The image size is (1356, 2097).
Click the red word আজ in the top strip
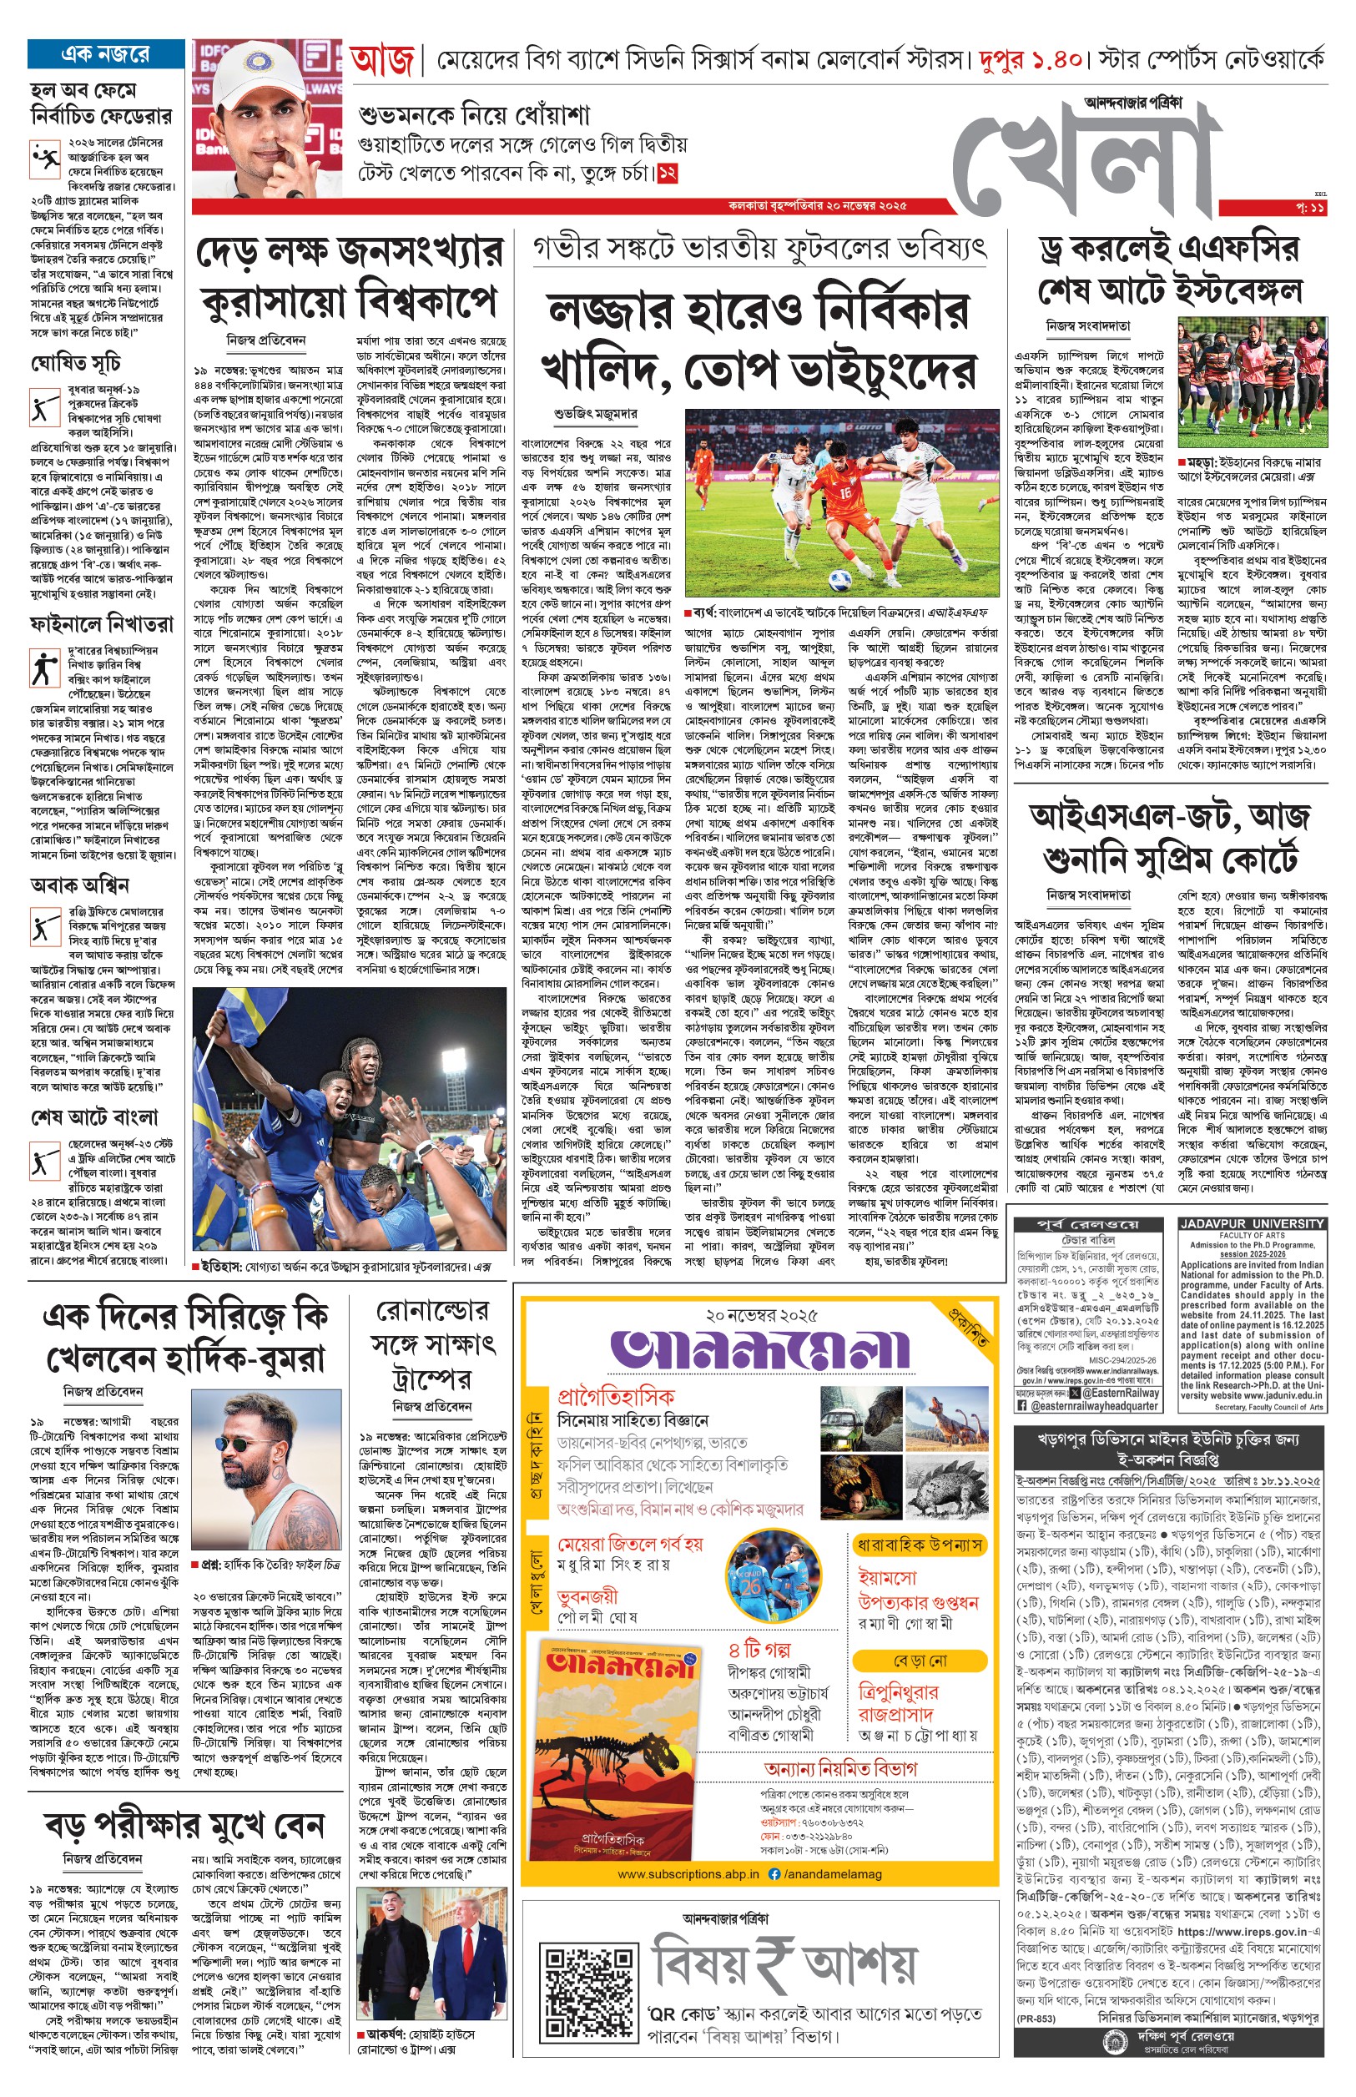click(x=381, y=62)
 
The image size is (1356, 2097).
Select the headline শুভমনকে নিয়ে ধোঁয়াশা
click(x=474, y=115)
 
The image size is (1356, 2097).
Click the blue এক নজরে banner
click(x=105, y=53)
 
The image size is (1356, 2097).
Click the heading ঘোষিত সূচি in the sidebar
click(x=77, y=363)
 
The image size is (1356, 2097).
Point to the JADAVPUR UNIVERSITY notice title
click(x=1250, y=1223)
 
